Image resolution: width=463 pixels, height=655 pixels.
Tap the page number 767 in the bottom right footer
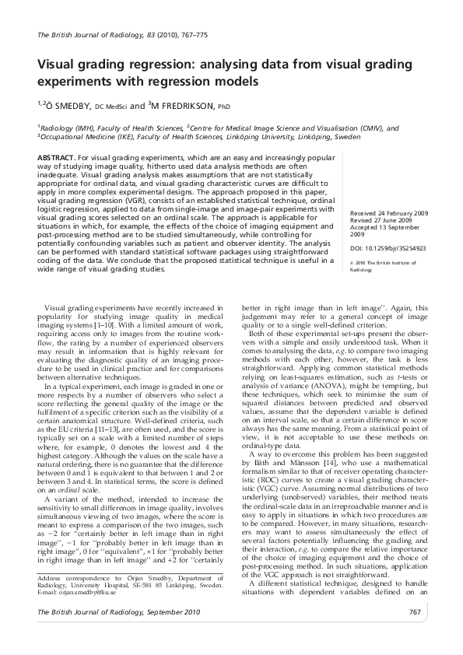414,613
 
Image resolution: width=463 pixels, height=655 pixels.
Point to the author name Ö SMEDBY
68,106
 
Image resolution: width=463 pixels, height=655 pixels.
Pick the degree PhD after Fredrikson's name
223,107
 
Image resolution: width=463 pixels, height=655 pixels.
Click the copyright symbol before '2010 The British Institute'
353,262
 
